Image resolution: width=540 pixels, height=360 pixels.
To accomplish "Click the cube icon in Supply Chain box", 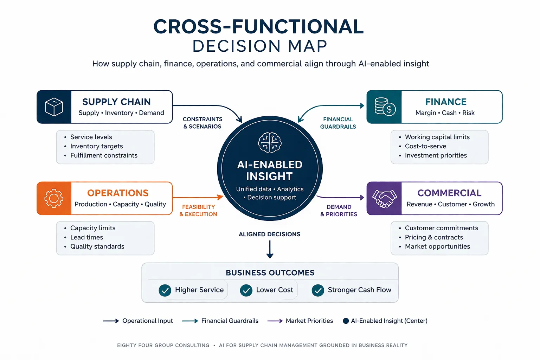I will (x=54, y=107).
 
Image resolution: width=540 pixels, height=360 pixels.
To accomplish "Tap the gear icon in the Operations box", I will (x=54, y=198).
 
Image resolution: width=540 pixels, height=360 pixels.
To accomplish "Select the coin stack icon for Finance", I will (x=385, y=107).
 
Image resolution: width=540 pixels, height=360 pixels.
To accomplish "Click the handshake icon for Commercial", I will (x=384, y=199).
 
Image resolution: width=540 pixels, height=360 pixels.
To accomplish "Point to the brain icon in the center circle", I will (x=270, y=142).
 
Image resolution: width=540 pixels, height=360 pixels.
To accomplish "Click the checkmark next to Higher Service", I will (x=165, y=290).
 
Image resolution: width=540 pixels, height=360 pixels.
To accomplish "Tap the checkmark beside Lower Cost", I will (x=246, y=290).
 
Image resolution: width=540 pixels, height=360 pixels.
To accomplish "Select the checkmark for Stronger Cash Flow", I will (x=318, y=290).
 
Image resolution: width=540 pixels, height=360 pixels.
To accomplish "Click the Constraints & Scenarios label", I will (x=202, y=123).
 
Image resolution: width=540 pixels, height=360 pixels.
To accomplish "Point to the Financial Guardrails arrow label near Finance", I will (x=338, y=123).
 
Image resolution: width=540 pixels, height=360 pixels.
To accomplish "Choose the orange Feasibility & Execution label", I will (x=198, y=211).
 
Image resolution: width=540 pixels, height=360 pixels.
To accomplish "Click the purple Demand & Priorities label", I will (x=339, y=211).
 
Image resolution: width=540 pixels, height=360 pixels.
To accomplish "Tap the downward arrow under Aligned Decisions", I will (x=270, y=250).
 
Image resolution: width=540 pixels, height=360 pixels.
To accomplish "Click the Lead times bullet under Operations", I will (x=86, y=237).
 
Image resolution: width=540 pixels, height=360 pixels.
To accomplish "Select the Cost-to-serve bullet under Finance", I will (x=425, y=146).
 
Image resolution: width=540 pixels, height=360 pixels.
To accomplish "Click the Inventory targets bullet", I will (x=96, y=146).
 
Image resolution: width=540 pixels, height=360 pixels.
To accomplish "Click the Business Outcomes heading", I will (x=270, y=273).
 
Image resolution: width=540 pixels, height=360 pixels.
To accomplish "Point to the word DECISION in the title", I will (x=236, y=46).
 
